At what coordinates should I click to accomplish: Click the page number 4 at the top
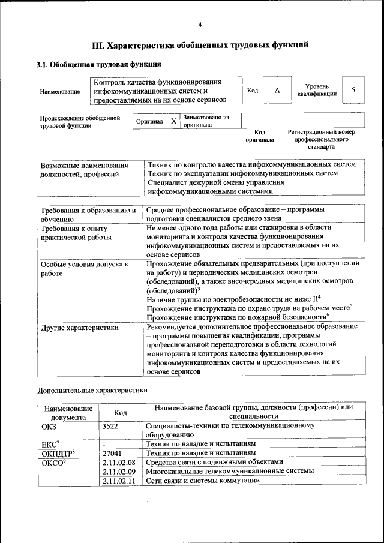[x=200, y=24]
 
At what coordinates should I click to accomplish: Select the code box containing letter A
[x=277, y=91]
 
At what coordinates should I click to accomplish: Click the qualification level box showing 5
[x=353, y=90]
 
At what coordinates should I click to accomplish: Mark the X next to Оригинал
[x=173, y=121]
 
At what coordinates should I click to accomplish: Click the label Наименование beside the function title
[x=60, y=91]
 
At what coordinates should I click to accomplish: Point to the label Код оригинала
[x=260, y=136]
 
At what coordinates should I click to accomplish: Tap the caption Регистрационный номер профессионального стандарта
[x=321, y=139]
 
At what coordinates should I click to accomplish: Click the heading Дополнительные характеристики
[x=92, y=389]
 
